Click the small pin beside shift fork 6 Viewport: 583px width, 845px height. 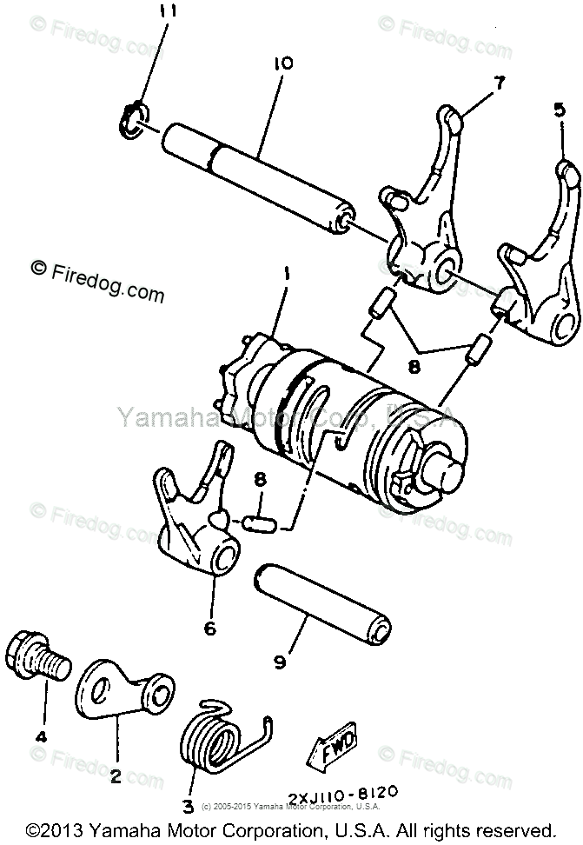pyautogui.click(x=261, y=522)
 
